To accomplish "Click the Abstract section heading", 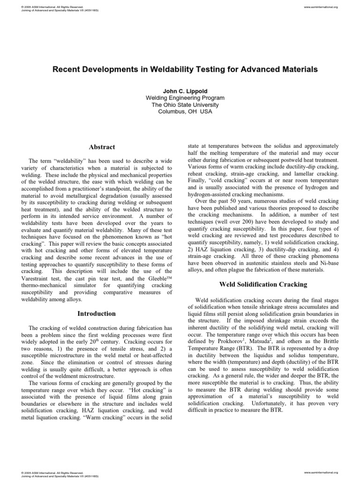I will click(102, 147).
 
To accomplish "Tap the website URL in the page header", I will click(321, 7).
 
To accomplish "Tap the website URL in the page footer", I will click(321, 472).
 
